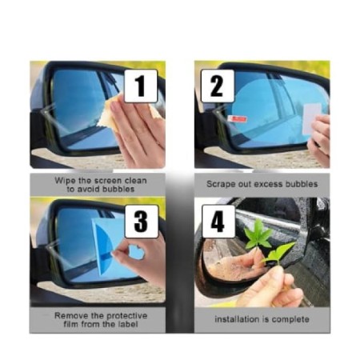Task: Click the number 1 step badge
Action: coord(141,86)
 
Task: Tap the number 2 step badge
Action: coord(218,86)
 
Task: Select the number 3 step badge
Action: coord(142,222)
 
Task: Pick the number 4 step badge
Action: coord(218,222)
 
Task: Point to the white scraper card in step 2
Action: coord(311,118)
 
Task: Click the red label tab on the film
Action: coord(238,119)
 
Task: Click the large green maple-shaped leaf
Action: coord(258,234)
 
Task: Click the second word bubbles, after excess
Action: coord(302,184)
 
